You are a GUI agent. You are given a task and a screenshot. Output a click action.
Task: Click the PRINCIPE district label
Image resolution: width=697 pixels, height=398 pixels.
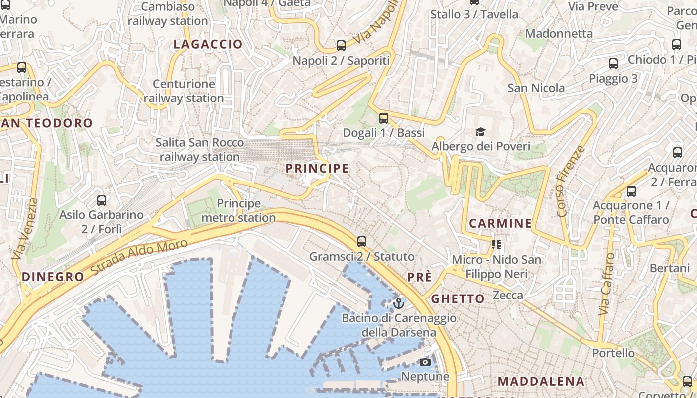(317, 169)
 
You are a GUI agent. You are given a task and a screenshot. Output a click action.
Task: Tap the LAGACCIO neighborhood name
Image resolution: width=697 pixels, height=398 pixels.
(208, 44)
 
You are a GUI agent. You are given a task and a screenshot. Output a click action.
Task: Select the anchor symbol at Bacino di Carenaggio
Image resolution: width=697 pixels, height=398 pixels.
(398, 303)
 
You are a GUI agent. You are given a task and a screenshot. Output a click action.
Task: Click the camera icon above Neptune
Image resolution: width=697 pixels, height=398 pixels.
(425, 362)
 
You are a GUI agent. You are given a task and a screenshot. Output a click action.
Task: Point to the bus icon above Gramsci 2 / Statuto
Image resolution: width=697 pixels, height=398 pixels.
(362, 242)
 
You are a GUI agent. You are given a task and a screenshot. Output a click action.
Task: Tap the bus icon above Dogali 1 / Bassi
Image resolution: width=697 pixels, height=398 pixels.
(383, 118)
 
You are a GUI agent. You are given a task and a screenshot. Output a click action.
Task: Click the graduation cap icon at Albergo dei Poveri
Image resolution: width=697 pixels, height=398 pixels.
(480, 132)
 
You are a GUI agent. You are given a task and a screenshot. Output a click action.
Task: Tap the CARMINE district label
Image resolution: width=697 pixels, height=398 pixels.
(500, 223)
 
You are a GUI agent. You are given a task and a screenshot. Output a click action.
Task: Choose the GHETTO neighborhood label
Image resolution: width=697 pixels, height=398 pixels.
(458, 299)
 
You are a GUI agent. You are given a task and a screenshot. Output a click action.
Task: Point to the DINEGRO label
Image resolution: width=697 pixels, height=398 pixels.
(53, 277)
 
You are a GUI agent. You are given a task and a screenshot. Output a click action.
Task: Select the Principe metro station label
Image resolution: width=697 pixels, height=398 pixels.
(238, 211)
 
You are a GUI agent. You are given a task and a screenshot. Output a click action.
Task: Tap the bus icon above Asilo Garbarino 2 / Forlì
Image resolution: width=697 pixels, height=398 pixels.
(102, 200)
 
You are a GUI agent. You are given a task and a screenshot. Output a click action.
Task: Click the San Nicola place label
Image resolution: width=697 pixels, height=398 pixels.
(536, 88)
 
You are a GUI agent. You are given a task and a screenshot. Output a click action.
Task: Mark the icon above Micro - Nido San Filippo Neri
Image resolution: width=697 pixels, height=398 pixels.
(496, 244)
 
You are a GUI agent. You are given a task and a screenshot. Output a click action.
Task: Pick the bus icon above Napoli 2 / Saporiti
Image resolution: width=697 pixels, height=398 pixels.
(341, 46)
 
